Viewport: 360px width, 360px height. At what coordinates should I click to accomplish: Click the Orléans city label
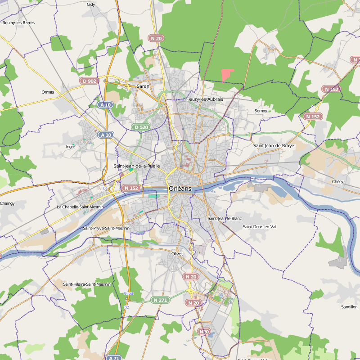180,189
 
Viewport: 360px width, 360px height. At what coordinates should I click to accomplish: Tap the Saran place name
143,85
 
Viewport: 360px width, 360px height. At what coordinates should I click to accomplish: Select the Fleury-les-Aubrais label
205,99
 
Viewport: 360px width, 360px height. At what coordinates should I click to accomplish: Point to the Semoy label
261,111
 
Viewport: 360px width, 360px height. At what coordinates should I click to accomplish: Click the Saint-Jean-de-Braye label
274,146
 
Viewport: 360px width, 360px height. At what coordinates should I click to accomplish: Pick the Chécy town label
337,181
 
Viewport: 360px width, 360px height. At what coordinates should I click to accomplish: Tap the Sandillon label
349,307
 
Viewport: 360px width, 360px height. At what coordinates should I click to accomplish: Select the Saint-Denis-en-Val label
260,226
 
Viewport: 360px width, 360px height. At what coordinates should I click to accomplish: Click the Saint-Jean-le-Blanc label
225,218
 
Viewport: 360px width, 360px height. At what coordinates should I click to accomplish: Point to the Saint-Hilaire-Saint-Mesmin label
87,284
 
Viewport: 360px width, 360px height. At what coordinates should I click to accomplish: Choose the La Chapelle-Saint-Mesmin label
80,207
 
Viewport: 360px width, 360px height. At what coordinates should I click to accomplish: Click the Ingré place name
71,147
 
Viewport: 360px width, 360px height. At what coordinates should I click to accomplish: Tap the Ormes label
48,92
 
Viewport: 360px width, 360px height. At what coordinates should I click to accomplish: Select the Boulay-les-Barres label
18,22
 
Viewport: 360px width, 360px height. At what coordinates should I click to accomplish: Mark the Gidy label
91,4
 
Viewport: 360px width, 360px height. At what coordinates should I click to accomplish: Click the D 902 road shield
89,81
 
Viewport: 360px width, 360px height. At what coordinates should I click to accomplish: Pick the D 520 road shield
141,127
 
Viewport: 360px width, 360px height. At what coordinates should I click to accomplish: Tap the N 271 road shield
160,300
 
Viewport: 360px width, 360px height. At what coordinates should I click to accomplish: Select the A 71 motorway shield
114,358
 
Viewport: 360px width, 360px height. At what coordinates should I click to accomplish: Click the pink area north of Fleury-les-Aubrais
227,75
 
